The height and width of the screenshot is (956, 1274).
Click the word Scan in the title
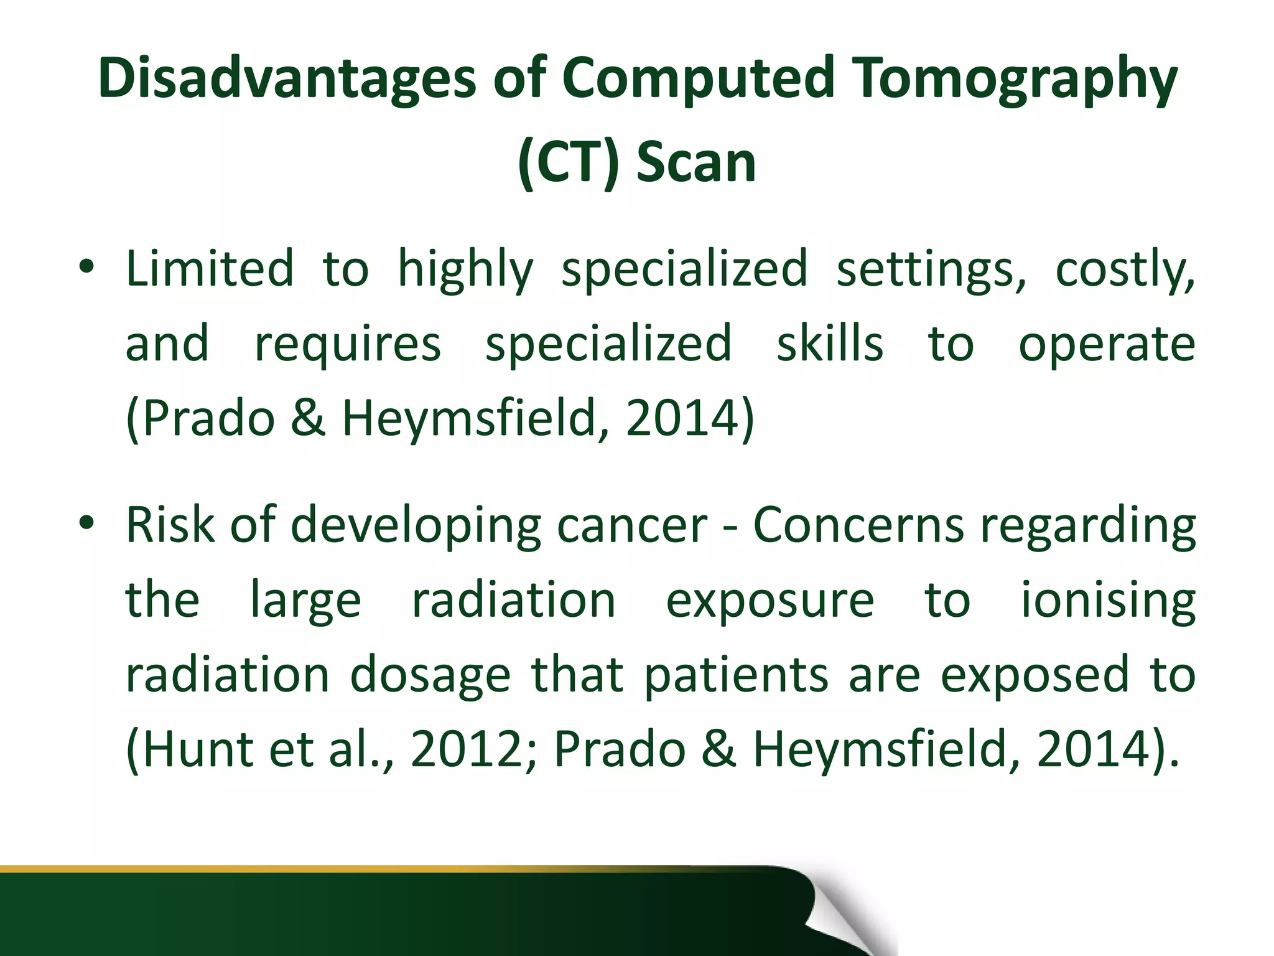pos(696,163)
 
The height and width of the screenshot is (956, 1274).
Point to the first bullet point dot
pos(86,268)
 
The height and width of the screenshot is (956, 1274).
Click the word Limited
pos(210,269)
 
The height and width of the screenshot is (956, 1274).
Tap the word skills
pos(830,344)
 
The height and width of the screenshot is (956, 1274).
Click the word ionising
pos(1109,601)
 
